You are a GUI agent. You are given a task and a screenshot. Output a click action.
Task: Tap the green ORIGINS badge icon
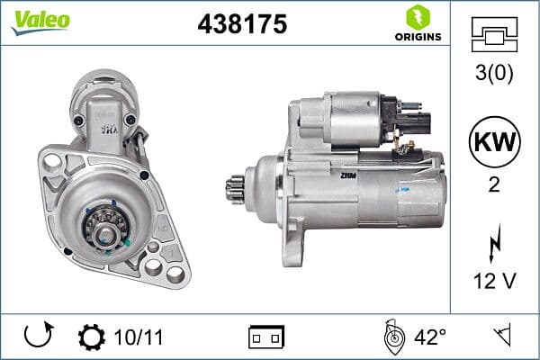418,16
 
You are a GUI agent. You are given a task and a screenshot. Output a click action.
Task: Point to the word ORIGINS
418,37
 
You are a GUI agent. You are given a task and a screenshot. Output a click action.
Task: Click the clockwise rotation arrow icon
39,337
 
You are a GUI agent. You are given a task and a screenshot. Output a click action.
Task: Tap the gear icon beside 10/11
91,337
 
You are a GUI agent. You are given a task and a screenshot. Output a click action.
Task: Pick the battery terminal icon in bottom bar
266,337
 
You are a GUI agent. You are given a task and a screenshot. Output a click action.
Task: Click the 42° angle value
430,337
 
